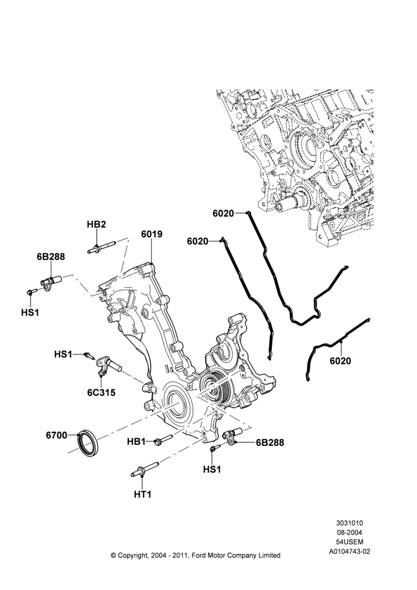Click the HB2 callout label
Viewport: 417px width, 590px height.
96,225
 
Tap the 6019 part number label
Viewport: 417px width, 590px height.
152,234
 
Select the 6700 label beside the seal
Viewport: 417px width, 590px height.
57,435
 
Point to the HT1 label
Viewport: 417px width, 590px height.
143,494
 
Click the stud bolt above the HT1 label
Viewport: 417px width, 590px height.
145,468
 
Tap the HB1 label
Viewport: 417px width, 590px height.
137,442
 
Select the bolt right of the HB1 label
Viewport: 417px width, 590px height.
163,439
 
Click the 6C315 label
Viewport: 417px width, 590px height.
101,392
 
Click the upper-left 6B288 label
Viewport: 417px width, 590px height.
51,257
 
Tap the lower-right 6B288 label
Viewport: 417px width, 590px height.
270,442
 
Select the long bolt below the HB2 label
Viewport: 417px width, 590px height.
101,248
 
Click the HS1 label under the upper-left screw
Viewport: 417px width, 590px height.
30,312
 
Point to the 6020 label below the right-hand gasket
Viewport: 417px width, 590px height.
340,361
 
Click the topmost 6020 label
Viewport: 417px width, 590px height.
223,214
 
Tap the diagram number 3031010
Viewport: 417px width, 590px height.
349,523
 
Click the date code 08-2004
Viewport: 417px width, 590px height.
349,532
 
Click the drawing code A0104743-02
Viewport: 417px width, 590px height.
349,552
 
